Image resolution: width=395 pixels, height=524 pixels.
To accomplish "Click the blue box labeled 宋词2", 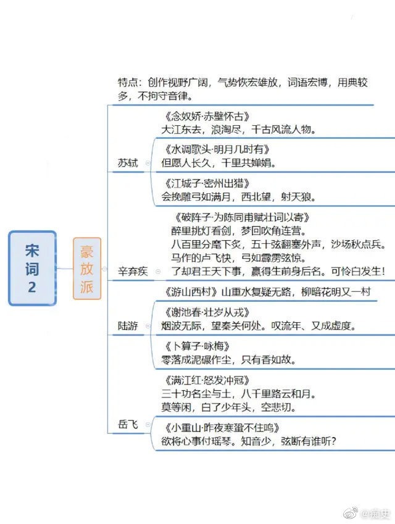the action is [32, 268].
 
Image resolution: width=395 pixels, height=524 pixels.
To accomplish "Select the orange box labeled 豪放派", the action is [87, 268].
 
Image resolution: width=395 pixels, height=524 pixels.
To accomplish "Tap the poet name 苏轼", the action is [128, 163].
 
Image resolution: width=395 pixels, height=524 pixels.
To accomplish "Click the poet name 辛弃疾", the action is [133, 272].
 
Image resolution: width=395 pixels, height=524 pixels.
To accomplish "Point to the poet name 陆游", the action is [128, 326].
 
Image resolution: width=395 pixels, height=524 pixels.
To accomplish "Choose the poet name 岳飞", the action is [128, 425].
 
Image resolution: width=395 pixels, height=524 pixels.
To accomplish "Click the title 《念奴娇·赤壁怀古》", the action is [207, 116].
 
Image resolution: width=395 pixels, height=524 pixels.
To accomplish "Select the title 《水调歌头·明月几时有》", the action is [217, 149].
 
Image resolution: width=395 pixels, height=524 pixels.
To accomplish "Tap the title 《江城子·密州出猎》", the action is [207, 183].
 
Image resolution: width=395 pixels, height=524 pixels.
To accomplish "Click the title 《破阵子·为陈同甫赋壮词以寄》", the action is [241, 217].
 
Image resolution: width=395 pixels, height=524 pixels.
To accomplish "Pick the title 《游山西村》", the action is [191, 292].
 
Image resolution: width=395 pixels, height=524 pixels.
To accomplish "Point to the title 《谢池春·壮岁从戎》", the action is [207, 312].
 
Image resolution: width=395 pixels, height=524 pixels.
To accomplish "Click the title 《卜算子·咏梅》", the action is [197, 346].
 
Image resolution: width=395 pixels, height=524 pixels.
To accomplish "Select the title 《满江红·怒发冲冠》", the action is [207, 380].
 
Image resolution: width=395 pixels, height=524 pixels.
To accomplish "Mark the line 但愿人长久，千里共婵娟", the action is [218, 163].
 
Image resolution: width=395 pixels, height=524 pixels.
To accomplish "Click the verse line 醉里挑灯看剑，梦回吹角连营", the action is [239, 231].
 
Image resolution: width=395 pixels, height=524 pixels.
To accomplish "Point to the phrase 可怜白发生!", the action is [357, 272].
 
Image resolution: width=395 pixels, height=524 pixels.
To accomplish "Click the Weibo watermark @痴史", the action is [367, 513].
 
